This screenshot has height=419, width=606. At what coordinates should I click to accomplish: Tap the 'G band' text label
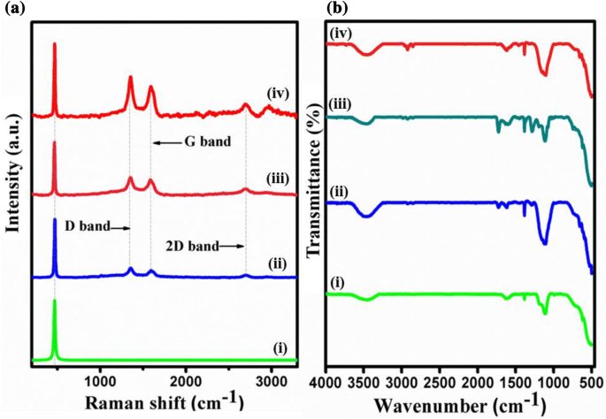click(196, 142)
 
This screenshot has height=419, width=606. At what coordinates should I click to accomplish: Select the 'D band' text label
click(87, 226)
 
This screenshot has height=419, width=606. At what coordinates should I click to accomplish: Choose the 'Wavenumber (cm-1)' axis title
click(456, 405)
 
